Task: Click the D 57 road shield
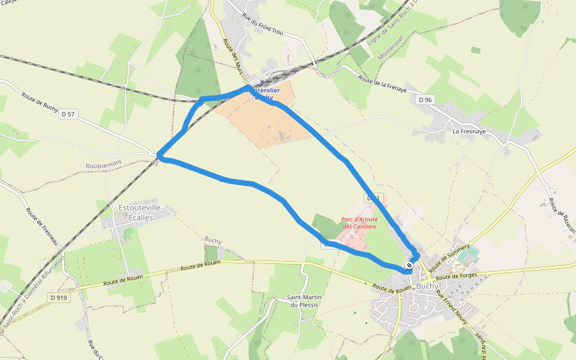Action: coord(68,114)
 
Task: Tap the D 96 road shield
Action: coord(425,100)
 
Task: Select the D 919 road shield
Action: coord(59,298)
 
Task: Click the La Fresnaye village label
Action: coord(469,131)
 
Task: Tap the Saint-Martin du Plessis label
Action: coord(302,301)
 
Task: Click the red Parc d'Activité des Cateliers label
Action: coord(359,223)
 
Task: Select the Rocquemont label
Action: coord(104,163)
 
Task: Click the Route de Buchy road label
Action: coord(40,102)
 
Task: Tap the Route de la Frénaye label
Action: coord(383,84)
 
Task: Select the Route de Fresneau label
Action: coord(41,226)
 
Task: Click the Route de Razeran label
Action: coord(562,216)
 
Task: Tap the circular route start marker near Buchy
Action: coord(409,265)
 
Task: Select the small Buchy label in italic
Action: coord(213,241)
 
